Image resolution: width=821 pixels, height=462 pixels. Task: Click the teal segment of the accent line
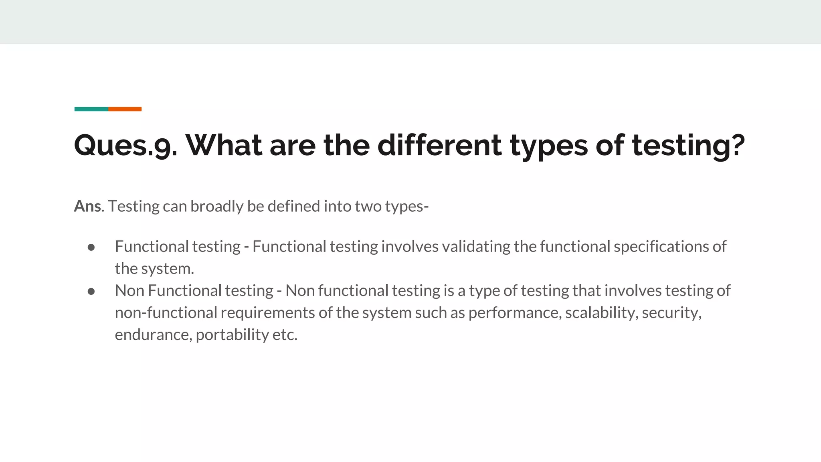[x=91, y=109]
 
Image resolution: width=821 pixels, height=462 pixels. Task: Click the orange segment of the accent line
[x=125, y=109]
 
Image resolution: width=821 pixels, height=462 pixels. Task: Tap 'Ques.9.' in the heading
[x=125, y=145]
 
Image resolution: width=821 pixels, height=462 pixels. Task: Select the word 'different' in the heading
[x=439, y=145]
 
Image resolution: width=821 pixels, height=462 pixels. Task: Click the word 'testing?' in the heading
[x=688, y=145]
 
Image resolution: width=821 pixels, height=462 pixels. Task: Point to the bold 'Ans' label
[x=88, y=206]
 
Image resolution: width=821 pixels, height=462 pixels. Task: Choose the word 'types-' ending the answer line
[x=407, y=206]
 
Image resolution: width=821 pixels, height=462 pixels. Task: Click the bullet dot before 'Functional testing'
[x=91, y=247]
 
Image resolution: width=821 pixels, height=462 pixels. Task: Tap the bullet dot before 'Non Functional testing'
[x=91, y=292]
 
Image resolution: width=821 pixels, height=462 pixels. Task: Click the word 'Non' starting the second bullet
[x=129, y=290]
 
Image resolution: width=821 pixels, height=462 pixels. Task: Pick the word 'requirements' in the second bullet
[x=268, y=313]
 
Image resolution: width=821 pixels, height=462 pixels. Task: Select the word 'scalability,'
[x=601, y=313]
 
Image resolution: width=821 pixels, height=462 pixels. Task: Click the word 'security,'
[x=671, y=313]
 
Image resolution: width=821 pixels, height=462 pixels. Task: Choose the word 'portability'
[x=232, y=335]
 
